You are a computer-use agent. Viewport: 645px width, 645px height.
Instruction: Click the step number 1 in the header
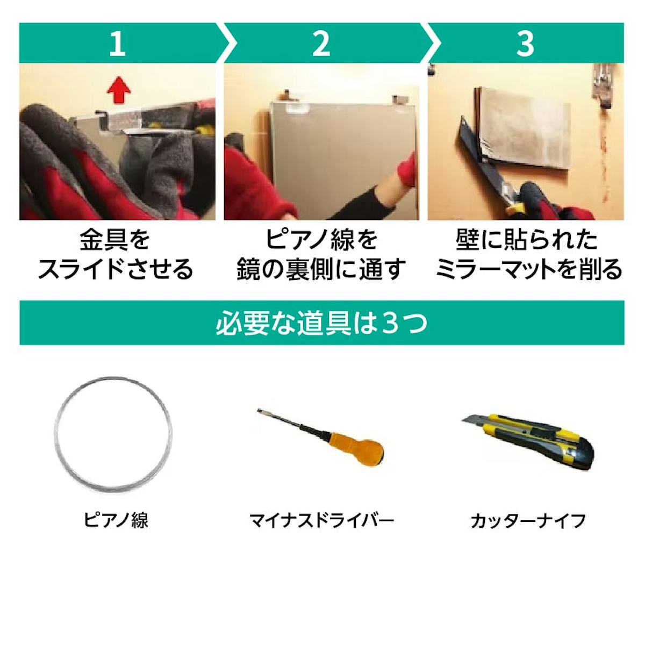pos(117,44)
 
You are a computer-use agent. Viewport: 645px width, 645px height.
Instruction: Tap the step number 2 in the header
pos(321,44)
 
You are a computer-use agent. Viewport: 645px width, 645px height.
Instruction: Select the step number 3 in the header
pos(525,44)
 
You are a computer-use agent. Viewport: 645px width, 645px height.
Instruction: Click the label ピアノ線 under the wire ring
pos(116,520)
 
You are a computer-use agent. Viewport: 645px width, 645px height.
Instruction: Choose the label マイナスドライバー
pos(321,520)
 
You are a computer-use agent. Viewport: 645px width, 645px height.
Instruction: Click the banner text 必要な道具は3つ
pos(321,323)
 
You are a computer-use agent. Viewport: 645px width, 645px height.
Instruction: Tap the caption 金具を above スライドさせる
pos(115,240)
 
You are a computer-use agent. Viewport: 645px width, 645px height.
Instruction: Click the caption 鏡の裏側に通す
pos(321,269)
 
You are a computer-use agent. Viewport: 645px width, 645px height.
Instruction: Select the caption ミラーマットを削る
pos(528,269)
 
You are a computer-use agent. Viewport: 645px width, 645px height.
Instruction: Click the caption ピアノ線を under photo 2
pos(321,240)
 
